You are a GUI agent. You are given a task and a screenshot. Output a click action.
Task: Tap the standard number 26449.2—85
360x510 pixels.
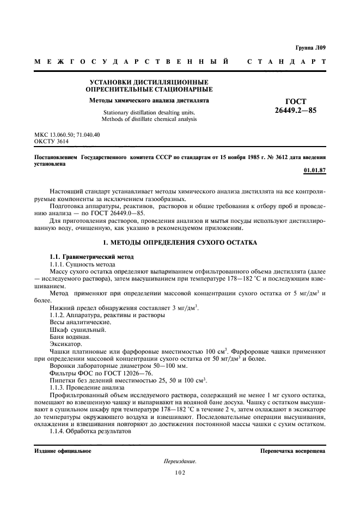click(x=296, y=111)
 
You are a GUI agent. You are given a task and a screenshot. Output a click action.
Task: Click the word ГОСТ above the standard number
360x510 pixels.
click(x=296, y=101)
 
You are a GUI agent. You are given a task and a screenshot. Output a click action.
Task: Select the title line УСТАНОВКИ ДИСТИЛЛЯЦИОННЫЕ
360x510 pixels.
click(x=149, y=82)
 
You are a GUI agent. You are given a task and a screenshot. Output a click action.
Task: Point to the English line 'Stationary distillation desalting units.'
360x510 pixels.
click(x=149, y=112)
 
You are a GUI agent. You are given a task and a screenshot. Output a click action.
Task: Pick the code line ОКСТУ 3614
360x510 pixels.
click(x=52, y=141)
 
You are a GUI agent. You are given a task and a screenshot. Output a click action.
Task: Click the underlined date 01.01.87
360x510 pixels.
click(x=314, y=171)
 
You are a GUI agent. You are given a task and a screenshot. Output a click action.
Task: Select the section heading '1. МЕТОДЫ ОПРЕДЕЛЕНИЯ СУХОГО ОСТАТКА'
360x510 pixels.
click(x=180, y=241)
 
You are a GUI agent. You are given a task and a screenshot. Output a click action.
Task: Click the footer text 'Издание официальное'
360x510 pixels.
click(x=63, y=451)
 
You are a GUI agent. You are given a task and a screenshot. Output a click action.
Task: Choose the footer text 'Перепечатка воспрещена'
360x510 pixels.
click(x=292, y=451)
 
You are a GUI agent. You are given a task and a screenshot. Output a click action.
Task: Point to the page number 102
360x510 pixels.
click(x=180, y=472)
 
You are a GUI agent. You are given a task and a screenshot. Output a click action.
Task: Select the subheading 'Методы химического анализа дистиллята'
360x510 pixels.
click(x=149, y=101)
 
